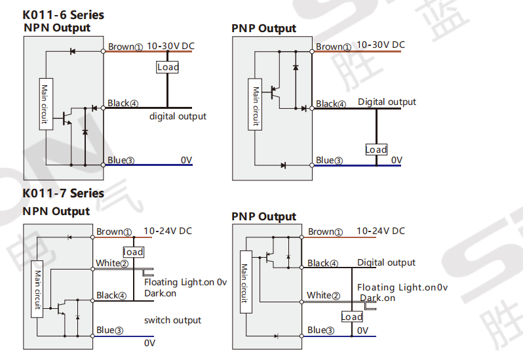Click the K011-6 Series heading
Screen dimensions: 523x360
click(x=64, y=15)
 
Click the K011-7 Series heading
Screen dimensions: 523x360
click(x=64, y=193)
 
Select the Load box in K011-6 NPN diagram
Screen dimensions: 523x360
click(x=168, y=67)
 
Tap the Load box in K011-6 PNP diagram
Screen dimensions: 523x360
click(x=376, y=150)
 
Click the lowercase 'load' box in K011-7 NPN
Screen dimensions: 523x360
click(x=134, y=252)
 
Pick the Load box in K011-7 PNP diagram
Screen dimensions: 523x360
click(x=352, y=317)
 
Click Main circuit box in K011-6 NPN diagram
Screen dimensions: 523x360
click(x=46, y=104)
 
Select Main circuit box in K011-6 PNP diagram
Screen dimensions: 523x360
click(x=255, y=104)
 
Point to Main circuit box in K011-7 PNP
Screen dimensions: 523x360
click(x=246, y=282)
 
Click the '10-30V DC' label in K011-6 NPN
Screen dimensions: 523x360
click(x=171, y=46)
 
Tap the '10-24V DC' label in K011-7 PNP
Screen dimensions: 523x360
click(x=381, y=231)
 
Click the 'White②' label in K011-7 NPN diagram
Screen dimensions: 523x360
click(x=112, y=263)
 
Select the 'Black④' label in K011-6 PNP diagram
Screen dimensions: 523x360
click(x=331, y=104)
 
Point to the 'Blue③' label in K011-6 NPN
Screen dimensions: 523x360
click(x=121, y=160)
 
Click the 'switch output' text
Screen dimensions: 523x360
click(x=172, y=320)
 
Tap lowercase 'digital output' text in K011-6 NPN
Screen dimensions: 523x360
click(x=178, y=116)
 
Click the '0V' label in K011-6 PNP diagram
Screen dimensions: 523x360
click(x=397, y=161)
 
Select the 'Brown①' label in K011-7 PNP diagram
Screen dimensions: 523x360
click(x=325, y=231)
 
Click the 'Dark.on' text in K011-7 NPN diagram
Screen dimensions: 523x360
click(x=160, y=293)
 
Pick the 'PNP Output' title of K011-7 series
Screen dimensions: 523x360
click(x=264, y=217)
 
